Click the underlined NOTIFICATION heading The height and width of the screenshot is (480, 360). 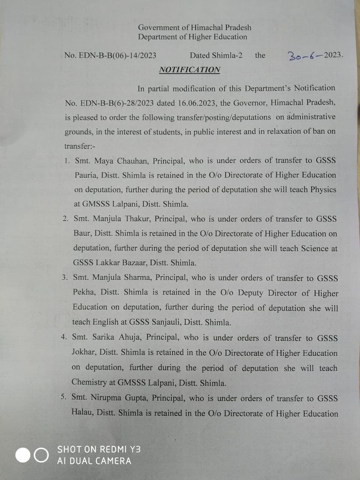[189, 70]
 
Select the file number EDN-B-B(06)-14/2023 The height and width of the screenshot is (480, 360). [110, 55]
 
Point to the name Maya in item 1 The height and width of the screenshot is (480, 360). [104, 161]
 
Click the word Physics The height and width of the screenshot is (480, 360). [323, 189]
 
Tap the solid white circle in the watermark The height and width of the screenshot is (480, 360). [22, 455]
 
